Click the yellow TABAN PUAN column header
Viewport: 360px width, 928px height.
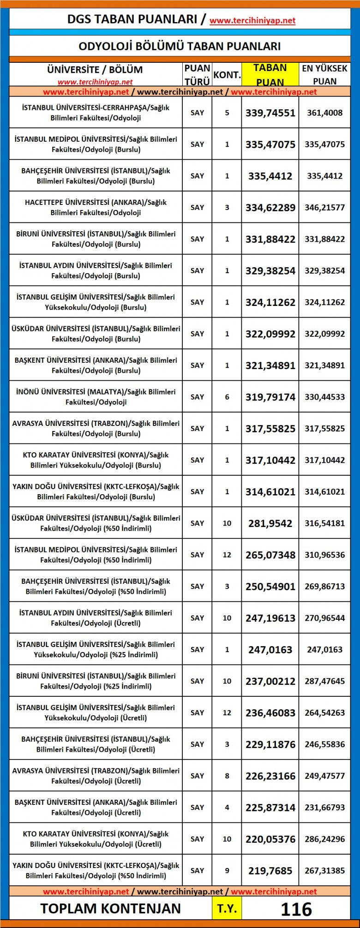click(x=270, y=74)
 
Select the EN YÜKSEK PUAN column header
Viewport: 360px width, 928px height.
click(x=324, y=74)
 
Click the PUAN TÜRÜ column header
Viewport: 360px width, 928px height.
click(x=197, y=74)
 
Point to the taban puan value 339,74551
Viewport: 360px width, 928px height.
click(x=270, y=113)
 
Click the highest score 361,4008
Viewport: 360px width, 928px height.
click(x=324, y=113)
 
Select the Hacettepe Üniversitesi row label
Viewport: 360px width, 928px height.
click(x=96, y=207)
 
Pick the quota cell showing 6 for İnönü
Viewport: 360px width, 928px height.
click(x=227, y=397)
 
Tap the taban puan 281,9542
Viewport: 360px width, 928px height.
click(x=270, y=523)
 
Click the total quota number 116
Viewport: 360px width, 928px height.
click(x=296, y=909)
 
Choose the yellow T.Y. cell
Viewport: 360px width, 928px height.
click(x=227, y=909)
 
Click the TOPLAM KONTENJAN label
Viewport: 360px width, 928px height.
click(x=110, y=909)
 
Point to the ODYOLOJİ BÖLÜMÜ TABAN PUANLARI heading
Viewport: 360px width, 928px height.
click(x=180, y=46)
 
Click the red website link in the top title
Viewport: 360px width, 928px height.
click(x=252, y=20)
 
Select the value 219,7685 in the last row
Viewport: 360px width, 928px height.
click(x=270, y=871)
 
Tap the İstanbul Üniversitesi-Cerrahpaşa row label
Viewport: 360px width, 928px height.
click(x=96, y=113)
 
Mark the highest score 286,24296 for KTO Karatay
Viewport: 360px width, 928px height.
click(x=324, y=839)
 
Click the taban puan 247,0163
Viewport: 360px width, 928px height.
click(x=270, y=650)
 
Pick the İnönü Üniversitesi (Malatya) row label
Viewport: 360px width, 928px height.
click(x=96, y=397)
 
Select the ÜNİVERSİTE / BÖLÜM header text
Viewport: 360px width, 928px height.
click(x=95, y=70)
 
